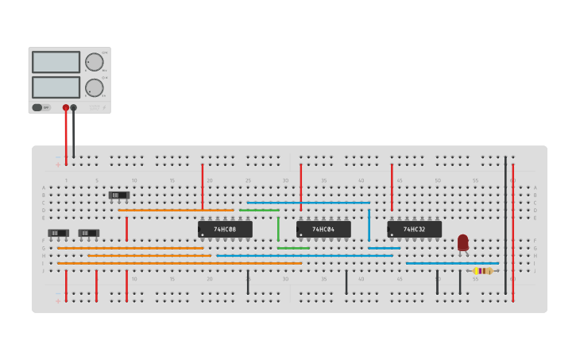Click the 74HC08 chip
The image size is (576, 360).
point(225,229)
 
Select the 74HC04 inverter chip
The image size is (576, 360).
point(323,229)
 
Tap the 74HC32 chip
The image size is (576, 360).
point(414,229)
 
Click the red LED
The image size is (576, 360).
point(463,242)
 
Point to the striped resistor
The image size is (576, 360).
point(483,271)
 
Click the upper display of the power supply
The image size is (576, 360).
point(56,62)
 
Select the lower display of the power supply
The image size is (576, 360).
point(56,87)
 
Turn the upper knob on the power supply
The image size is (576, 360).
point(95,62)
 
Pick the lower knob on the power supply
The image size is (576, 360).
point(95,87)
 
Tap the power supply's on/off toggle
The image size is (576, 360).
point(37,107)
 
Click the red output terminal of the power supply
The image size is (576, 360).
point(66,107)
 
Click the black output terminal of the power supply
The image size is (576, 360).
point(74,107)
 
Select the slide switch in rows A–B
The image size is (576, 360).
point(119,195)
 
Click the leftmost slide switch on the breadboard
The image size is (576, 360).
point(58,233)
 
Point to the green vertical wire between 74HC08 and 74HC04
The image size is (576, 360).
point(278,229)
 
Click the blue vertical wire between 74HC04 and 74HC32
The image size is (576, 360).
point(369,225)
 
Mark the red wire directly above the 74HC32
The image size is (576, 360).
point(392,187)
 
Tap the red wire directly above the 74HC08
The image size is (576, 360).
point(203,187)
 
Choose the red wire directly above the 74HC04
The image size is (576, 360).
point(301,187)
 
